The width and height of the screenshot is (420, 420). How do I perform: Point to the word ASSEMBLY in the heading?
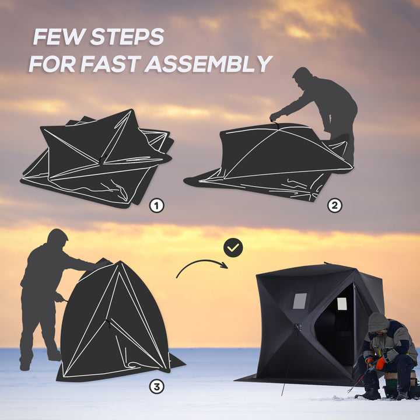click(208, 64)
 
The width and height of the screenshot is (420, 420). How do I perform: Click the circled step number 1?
click(156, 205)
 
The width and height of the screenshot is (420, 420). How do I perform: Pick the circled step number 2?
click(334, 205)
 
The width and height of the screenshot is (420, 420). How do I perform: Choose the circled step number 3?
click(156, 386)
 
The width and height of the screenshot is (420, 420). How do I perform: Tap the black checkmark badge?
click(233, 248)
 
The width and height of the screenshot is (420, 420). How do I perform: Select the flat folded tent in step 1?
click(96, 157)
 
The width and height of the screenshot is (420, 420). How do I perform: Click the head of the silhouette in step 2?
click(302, 76)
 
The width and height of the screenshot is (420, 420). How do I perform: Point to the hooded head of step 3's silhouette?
click(57, 238)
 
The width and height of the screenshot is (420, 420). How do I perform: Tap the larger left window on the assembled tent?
click(299, 301)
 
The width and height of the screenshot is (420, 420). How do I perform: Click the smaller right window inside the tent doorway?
click(342, 304)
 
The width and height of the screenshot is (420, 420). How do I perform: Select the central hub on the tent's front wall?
click(297, 327)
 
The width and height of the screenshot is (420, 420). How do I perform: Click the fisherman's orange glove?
click(380, 363)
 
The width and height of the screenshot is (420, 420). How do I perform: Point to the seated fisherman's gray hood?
click(379, 321)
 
